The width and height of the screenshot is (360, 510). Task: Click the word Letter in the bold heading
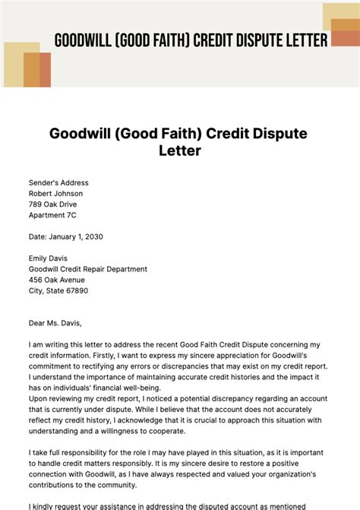179,150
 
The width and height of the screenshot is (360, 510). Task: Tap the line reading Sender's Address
58,183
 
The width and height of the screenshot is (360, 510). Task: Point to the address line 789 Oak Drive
52,204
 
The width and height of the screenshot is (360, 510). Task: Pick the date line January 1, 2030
65,236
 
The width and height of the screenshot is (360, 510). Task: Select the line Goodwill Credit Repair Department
88,269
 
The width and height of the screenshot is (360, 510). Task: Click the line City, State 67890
58,290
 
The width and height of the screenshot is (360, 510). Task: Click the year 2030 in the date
93,236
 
